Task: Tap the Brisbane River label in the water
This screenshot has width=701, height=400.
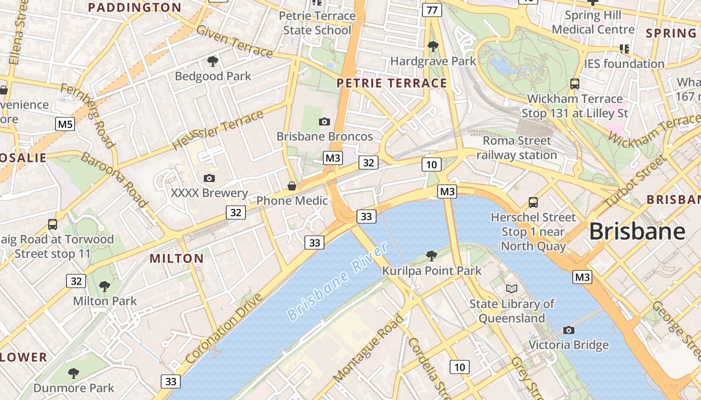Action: click(x=338, y=282)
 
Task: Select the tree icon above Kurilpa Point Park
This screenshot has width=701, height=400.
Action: click(x=431, y=256)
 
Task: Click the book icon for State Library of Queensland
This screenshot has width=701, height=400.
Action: click(x=511, y=289)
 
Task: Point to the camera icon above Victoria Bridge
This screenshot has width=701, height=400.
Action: click(x=568, y=330)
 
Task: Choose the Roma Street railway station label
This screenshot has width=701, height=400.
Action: click(x=516, y=148)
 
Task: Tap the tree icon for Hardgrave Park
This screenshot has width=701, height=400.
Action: click(x=433, y=46)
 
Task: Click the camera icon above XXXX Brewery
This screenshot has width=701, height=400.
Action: click(x=209, y=178)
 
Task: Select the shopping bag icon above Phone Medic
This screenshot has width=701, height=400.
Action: click(x=291, y=186)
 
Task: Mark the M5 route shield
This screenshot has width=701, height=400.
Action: click(x=65, y=124)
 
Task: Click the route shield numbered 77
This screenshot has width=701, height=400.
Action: click(x=432, y=9)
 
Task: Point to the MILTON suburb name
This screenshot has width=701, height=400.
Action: click(x=177, y=258)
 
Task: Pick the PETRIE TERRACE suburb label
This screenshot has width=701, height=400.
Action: click(x=392, y=83)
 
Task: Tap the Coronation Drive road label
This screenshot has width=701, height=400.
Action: click(x=224, y=328)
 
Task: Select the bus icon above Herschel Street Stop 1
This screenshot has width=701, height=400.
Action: click(x=533, y=202)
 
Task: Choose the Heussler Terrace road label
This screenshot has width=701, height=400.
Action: click(x=217, y=130)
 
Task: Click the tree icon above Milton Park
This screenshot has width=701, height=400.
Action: click(x=105, y=286)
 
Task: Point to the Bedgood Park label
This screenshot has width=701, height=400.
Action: click(x=213, y=76)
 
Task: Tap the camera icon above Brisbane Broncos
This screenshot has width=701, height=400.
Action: click(x=324, y=121)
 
